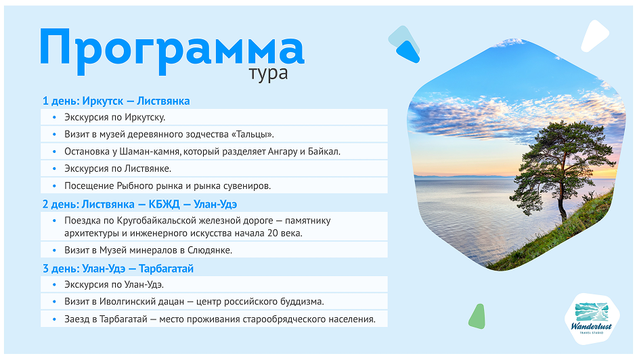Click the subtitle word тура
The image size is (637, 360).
[x=268, y=73]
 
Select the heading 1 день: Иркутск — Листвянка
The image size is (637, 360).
[x=116, y=101]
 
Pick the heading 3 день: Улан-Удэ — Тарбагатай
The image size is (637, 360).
[x=118, y=269]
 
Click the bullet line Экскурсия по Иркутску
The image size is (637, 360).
[x=115, y=117]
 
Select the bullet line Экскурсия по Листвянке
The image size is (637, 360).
[x=118, y=168]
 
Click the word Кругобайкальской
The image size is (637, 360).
[x=161, y=221]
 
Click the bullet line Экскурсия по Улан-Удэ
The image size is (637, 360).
[x=114, y=285]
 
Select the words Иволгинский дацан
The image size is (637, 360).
[x=142, y=302]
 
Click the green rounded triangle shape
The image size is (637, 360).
[x=478, y=315]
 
